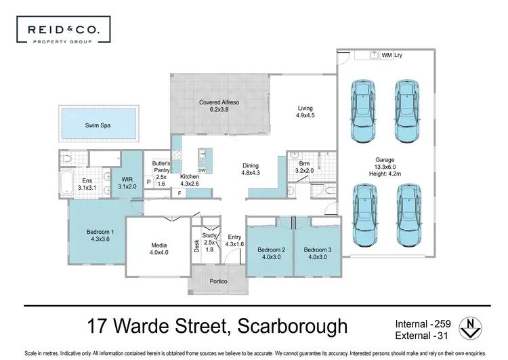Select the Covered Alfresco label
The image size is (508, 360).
219,103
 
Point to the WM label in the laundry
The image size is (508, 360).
387,55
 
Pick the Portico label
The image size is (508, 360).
218,281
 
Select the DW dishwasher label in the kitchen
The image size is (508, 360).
202,170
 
